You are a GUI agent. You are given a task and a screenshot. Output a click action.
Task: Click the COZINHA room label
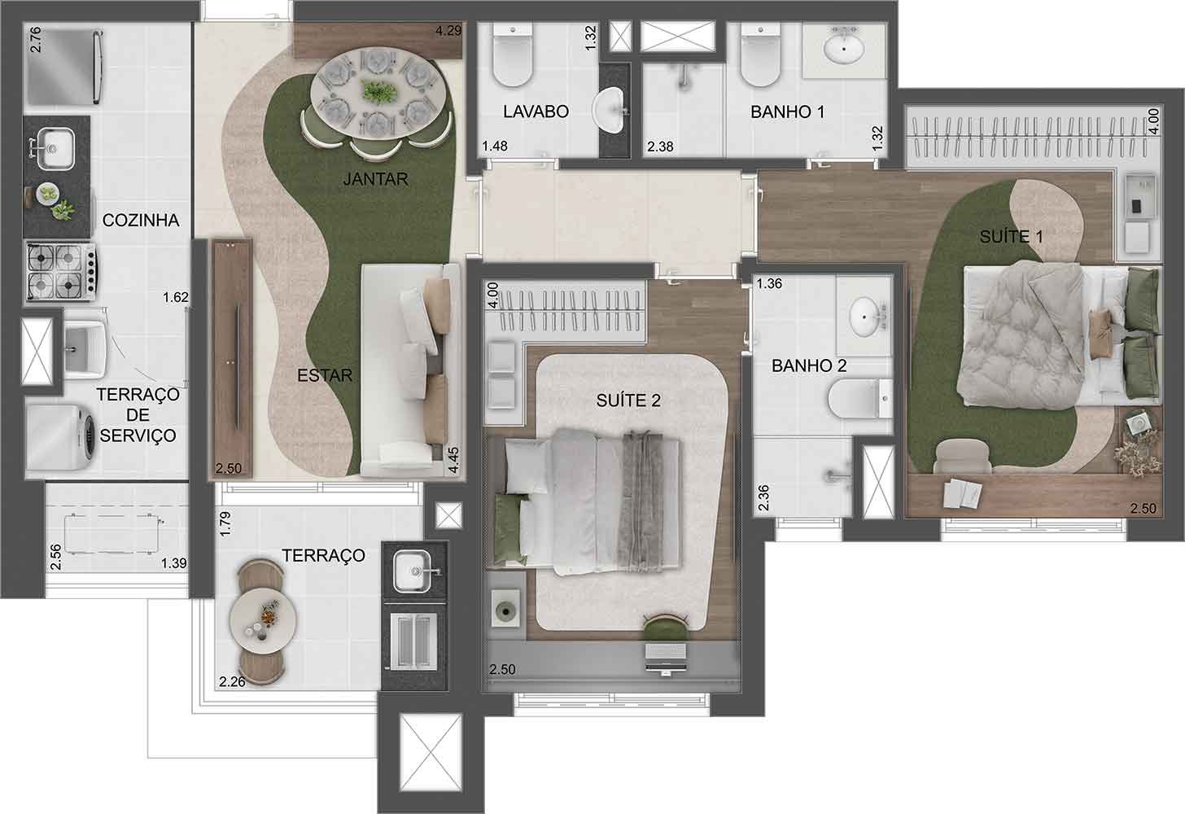tap(141, 220)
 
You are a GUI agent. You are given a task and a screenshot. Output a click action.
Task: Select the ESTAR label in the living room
tap(325, 375)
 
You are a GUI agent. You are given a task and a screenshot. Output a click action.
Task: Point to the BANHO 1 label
tap(787, 112)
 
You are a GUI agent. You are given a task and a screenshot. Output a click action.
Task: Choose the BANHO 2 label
tap(809, 365)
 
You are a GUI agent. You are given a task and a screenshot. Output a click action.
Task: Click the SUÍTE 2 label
tap(628, 400)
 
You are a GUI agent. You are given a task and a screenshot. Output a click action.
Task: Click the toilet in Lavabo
tap(513, 61)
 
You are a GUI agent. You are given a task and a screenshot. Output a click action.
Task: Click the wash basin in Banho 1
tap(845, 48)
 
